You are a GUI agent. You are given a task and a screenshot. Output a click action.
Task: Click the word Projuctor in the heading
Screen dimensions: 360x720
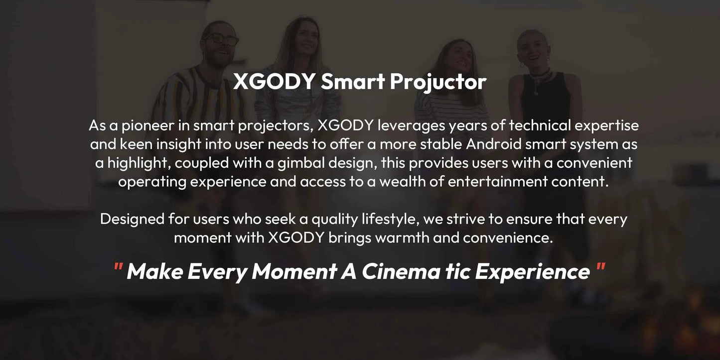coord(438,82)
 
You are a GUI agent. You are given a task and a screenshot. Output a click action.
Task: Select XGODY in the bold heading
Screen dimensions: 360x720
coord(274,82)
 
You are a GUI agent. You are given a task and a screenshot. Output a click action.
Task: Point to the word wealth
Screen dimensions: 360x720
coord(403,181)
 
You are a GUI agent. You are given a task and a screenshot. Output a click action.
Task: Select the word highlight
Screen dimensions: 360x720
coord(132,163)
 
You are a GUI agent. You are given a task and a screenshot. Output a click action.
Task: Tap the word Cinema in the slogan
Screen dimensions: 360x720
coord(396,271)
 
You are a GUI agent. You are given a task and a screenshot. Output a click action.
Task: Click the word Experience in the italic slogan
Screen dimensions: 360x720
coord(532,271)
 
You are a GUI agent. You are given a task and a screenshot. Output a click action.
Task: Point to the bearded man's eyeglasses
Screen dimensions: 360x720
coord(222,39)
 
